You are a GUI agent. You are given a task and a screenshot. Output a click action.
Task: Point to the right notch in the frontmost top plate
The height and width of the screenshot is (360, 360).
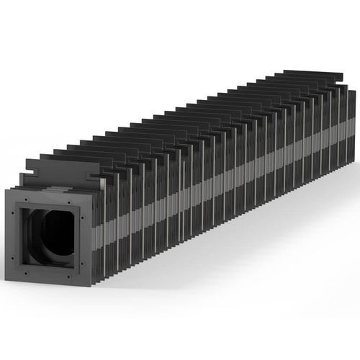coord(91,176)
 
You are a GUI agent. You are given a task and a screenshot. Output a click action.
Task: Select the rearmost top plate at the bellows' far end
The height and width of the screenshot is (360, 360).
coord(317,74)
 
